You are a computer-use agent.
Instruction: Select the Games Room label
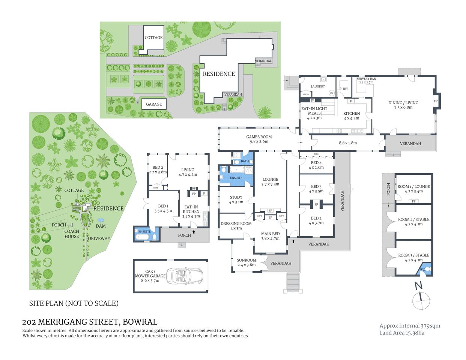click(259, 137)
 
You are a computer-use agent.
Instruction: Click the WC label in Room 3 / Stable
click(422, 270)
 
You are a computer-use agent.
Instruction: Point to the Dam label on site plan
click(101, 226)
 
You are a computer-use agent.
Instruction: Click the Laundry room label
click(318, 87)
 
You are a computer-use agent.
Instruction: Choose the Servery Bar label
click(366, 79)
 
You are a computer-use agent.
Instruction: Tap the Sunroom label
click(246, 260)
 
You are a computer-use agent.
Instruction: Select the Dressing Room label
click(236, 224)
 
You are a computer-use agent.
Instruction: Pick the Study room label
click(236, 197)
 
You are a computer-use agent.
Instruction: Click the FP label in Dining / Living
click(436, 101)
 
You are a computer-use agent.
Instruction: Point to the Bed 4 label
click(316, 163)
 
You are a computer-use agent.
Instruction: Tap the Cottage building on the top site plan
click(153, 38)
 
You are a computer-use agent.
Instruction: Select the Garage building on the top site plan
click(154, 104)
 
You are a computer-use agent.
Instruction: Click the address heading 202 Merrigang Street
click(90, 322)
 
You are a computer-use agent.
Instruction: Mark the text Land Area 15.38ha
click(401, 333)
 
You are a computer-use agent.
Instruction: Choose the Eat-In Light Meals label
click(314, 111)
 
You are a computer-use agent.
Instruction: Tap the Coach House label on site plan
click(72, 234)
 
